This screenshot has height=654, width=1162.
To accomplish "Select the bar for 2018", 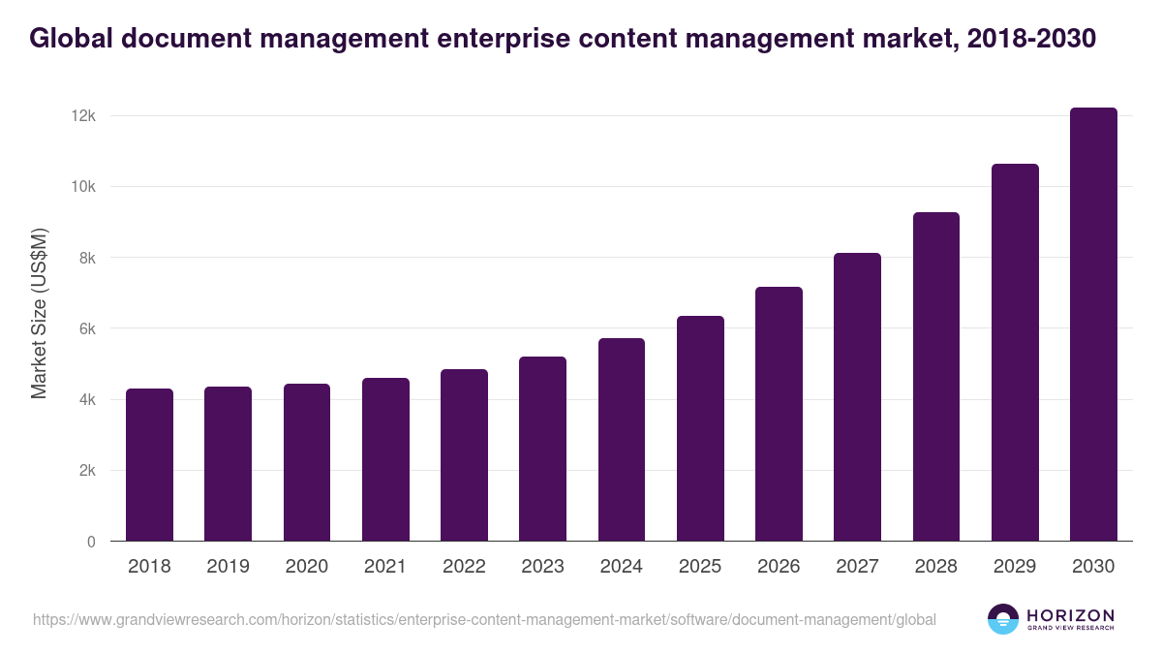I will (x=149, y=465).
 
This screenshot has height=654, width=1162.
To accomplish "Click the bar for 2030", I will (x=1093, y=325).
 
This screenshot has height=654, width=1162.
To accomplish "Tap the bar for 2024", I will (x=621, y=440).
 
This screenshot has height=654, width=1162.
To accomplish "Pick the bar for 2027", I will (x=857, y=397).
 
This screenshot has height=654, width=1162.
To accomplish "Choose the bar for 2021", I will (x=385, y=459).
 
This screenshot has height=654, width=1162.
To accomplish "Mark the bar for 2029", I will (x=1015, y=353).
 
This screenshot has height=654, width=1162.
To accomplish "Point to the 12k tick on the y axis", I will (x=83, y=116).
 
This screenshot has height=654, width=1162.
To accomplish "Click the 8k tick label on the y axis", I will (x=86, y=258).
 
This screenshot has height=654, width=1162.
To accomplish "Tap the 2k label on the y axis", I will (x=86, y=471).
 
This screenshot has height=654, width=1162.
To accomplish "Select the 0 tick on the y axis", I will (x=91, y=542).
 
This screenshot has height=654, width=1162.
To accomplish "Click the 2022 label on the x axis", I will (x=464, y=567).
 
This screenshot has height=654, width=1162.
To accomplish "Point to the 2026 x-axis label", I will (x=779, y=567).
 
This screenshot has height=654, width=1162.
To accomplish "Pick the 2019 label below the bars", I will (x=228, y=567).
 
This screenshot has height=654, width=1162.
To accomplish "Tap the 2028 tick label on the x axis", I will (x=936, y=567).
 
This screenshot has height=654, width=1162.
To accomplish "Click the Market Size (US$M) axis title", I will (x=39, y=312).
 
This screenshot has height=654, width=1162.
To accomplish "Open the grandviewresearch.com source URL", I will (x=484, y=619).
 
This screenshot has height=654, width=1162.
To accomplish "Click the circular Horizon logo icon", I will (x=1003, y=619).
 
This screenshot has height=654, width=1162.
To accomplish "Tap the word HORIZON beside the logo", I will (x=1070, y=614).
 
